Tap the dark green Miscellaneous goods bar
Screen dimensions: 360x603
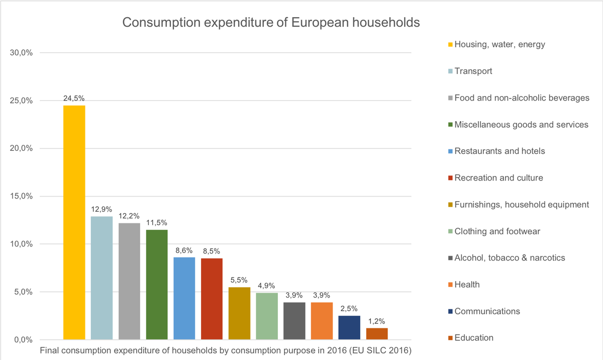click(x=157, y=285)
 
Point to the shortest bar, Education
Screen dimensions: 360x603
click(x=377, y=334)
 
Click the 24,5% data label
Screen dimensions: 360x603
click(x=74, y=98)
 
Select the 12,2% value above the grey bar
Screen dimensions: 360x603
click(x=129, y=216)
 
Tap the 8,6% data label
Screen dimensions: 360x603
click(x=184, y=250)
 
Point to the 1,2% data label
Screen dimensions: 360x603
click(x=377, y=321)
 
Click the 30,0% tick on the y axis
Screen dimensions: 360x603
click(x=22, y=53)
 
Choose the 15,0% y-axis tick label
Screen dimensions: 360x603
click(x=22, y=196)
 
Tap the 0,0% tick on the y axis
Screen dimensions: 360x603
click(x=23, y=340)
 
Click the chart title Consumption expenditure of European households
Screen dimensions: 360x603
click(x=271, y=23)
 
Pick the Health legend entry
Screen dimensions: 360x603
click(x=467, y=285)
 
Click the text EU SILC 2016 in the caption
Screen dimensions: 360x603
click(x=382, y=350)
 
